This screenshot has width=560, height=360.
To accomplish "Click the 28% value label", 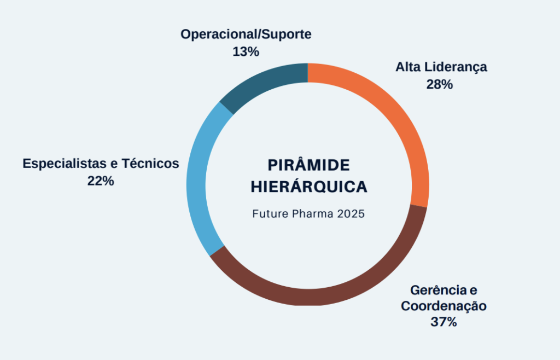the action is click(x=440, y=84).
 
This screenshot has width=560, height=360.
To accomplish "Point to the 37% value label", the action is click(x=444, y=322).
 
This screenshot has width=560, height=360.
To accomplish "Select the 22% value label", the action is click(x=101, y=181).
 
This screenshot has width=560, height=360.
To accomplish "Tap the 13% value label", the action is click(x=246, y=51).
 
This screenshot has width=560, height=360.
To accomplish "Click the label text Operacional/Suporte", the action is click(x=246, y=34).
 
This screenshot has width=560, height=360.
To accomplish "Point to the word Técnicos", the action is click(x=150, y=163).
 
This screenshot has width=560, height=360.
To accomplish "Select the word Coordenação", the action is click(x=444, y=306).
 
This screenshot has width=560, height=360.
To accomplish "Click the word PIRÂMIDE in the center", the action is click(x=308, y=165).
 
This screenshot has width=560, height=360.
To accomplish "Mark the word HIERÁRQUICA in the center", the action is click(x=309, y=187).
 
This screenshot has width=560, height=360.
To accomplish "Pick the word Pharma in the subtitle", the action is click(x=313, y=213).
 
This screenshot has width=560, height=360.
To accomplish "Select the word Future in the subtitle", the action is click(x=270, y=213).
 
